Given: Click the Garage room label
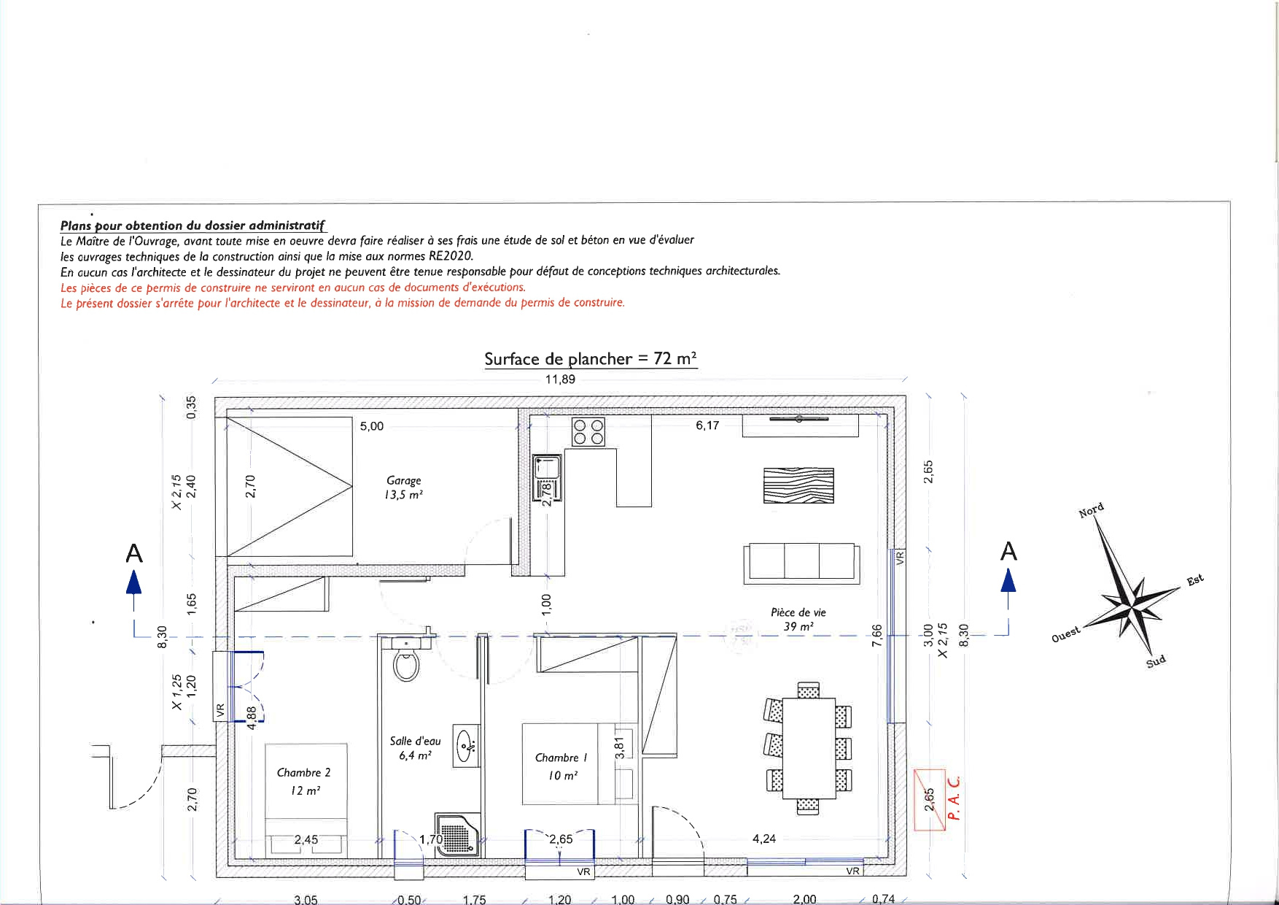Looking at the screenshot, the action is point(404,488).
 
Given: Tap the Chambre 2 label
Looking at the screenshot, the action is point(304,781).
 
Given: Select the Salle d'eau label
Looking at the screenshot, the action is point(415,748).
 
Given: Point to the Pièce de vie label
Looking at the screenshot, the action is point(798,620).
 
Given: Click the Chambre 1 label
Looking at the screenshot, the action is point(561,766).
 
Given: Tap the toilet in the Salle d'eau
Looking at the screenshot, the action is point(405,663).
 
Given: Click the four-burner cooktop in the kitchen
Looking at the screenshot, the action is point(588,431).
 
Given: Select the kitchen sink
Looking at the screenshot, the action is point(547,478).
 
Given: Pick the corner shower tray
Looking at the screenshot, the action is point(457,833).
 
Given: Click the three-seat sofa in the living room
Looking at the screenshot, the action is point(801,563).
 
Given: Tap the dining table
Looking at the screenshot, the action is point(808,749).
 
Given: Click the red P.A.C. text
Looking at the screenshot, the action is point(956,798).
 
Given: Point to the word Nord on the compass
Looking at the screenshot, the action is point(1091,510).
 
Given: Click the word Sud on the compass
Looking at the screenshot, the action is point(1156,662).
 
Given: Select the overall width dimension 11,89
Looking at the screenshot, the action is point(560,379).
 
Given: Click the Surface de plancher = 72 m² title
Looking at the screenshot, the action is point(591,358).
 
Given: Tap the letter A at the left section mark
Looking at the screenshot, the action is point(134,554).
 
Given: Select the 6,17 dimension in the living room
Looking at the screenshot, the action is point(707,425).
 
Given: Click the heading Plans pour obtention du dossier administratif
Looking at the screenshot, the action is point(193,226).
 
